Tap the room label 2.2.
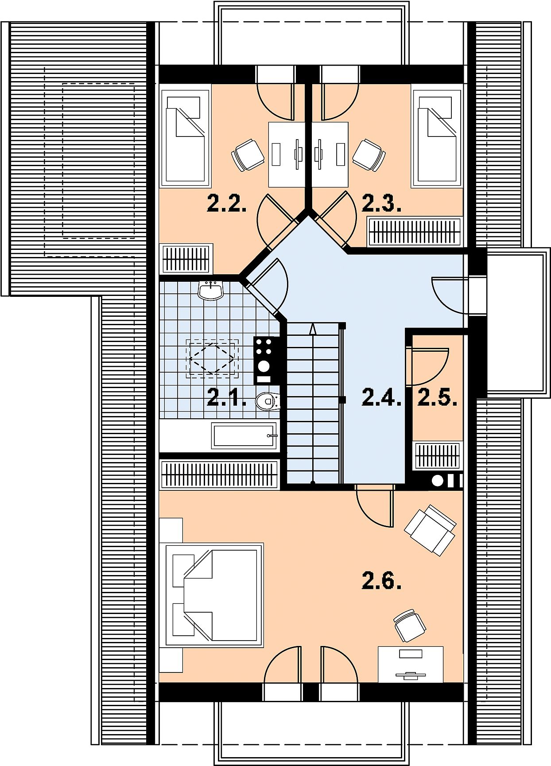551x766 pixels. coord(227,204)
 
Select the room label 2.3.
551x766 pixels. coord(382,204)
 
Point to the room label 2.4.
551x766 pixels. coord(382,397)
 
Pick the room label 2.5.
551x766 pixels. coord(438,397)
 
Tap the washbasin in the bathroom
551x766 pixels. coord(210,291)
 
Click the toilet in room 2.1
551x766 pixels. coord(268,401)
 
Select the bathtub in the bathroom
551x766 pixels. coord(244,435)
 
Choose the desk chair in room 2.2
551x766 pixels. coord(248,155)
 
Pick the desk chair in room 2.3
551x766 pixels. coord(369,155)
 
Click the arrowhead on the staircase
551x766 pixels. coord(313,329)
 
